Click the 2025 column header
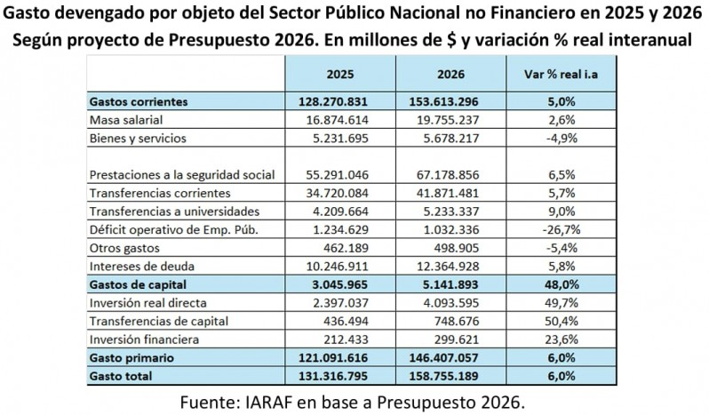pos(340,73)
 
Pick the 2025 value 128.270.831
pos(340,101)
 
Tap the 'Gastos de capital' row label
pos(140,283)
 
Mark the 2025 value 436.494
pos(340,320)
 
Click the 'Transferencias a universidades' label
pos(174,211)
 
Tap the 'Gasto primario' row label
pos(131,357)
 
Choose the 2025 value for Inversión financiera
pos(340,339)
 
